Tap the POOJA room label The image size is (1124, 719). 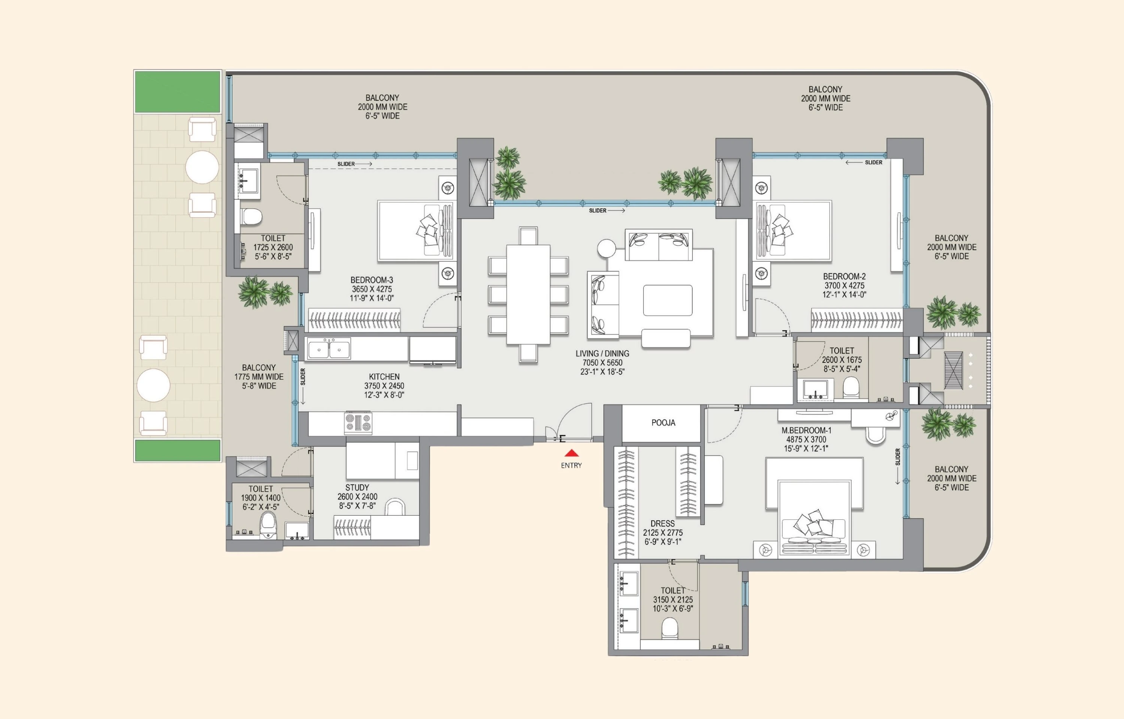click(663, 422)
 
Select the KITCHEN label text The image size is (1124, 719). click(384, 376)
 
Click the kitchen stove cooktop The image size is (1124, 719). click(358, 422)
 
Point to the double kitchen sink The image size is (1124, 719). click(329, 349)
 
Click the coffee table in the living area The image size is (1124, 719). click(667, 301)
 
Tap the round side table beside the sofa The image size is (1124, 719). click(606, 248)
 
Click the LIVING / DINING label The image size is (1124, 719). click(602, 354)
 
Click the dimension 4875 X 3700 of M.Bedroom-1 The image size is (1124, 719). click(806, 439)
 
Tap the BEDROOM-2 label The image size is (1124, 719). click(844, 276)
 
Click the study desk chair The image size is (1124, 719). click(395, 507)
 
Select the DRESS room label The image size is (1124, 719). click(662, 524)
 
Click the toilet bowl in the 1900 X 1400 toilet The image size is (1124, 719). click(268, 524)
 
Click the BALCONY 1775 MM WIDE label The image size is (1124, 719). click(259, 376)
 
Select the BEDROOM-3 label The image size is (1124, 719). click(372, 280)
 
